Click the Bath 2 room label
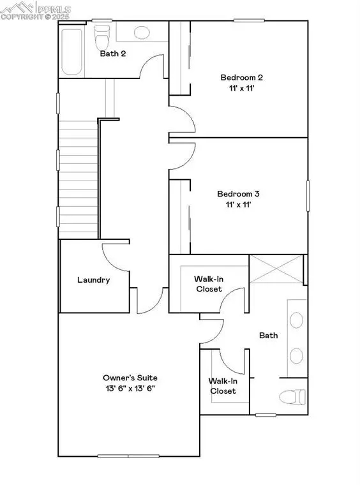click(x=113, y=54)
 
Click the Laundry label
click(x=94, y=279)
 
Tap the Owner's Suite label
click(x=130, y=377)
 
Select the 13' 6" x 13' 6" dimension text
click(x=130, y=388)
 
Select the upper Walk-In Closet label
click(x=208, y=284)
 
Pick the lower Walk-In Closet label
click(x=223, y=386)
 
